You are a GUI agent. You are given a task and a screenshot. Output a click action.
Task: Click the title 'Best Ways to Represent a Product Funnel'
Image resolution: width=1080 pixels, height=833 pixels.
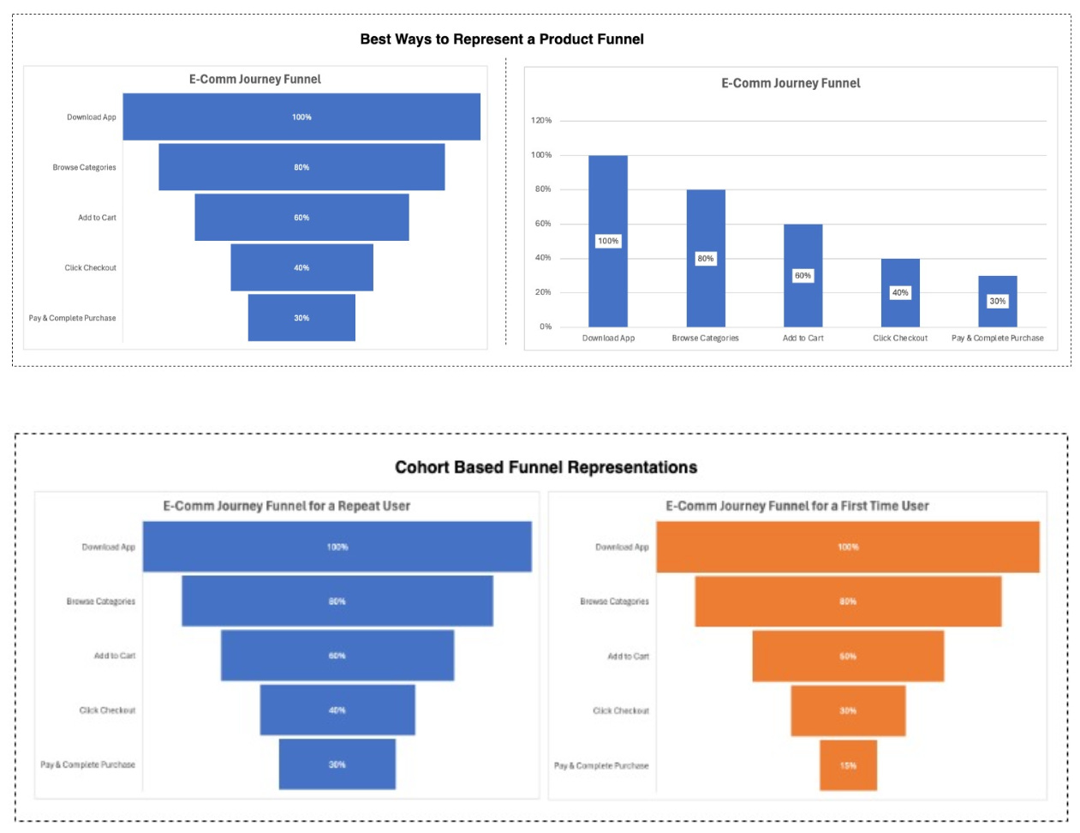tap(502, 39)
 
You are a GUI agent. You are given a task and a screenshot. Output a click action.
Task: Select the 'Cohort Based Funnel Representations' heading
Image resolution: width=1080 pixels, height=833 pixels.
tap(546, 467)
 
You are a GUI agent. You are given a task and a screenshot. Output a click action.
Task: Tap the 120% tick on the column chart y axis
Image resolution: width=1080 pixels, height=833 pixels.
tap(541, 121)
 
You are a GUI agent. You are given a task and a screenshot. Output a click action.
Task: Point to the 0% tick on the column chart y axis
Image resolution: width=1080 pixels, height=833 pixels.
tap(546, 327)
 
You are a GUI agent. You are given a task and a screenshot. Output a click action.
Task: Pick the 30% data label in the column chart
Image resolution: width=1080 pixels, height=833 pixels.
tap(998, 301)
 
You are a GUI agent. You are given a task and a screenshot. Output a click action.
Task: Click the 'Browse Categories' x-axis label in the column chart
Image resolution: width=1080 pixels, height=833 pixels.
tap(705, 339)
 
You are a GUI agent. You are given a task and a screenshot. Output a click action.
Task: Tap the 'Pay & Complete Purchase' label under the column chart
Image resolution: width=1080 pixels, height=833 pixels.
tap(998, 339)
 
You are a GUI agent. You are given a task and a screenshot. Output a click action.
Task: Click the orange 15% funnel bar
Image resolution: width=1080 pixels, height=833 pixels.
tap(848, 765)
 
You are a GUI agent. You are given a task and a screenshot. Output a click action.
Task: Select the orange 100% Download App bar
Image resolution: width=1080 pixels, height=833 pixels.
tap(848, 547)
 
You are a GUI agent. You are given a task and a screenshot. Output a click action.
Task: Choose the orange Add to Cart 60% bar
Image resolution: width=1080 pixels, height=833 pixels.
tap(848, 656)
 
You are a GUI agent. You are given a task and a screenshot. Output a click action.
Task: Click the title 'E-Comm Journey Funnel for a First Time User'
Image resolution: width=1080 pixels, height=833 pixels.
tap(797, 506)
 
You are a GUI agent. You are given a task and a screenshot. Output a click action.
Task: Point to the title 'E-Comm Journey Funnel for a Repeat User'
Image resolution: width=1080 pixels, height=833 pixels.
tap(287, 506)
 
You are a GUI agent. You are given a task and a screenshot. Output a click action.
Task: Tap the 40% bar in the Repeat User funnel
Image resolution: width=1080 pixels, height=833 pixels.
tap(337, 710)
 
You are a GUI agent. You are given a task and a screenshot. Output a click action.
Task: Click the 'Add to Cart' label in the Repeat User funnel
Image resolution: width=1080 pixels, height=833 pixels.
tap(115, 656)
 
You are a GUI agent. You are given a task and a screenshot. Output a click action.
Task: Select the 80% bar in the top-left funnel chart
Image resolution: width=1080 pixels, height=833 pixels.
tap(301, 167)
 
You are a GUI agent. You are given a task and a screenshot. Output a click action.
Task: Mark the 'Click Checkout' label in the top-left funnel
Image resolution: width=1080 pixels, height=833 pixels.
tap(91, 268)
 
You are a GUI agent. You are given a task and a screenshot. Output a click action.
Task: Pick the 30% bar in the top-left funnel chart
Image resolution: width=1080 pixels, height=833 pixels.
tap(301, 318)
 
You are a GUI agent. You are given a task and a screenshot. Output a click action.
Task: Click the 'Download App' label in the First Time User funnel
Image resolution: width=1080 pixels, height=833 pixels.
tap(622, 547)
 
